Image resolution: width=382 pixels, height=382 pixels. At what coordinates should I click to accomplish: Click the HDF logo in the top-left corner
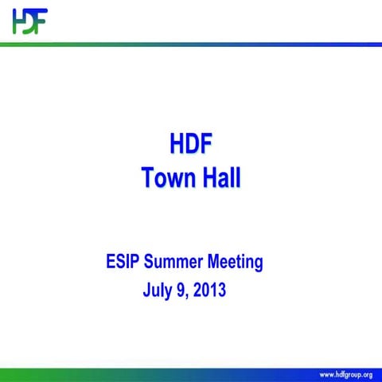pos(29,21)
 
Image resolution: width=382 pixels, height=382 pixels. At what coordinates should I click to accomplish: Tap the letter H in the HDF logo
pos(18,21)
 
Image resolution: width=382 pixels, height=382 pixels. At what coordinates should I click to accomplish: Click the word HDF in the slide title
pos(190,146)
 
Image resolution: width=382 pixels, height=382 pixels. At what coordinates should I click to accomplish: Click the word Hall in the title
pos(218,177)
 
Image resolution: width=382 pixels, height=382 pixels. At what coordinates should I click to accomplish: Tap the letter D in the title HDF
pos(191,146)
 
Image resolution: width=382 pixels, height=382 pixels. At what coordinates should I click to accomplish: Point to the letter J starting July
pos(146,290)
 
